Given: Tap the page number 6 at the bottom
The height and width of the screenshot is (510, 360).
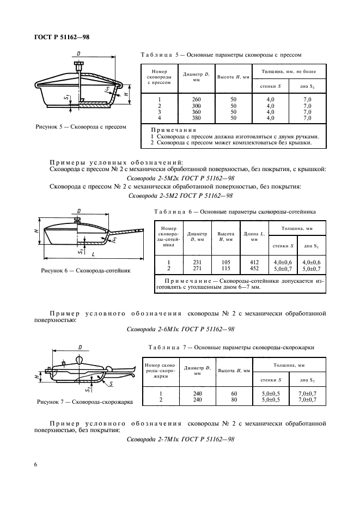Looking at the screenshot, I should (x=35, y=464).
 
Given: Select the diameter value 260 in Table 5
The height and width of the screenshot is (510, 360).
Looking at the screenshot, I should (x=181, y=99).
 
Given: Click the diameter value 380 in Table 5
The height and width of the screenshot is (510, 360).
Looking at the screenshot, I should (x=181, y=118).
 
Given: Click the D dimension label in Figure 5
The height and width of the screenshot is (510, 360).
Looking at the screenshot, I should (x=80, y=54).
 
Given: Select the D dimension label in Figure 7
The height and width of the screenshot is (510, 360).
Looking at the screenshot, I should (x=80, y=347).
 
